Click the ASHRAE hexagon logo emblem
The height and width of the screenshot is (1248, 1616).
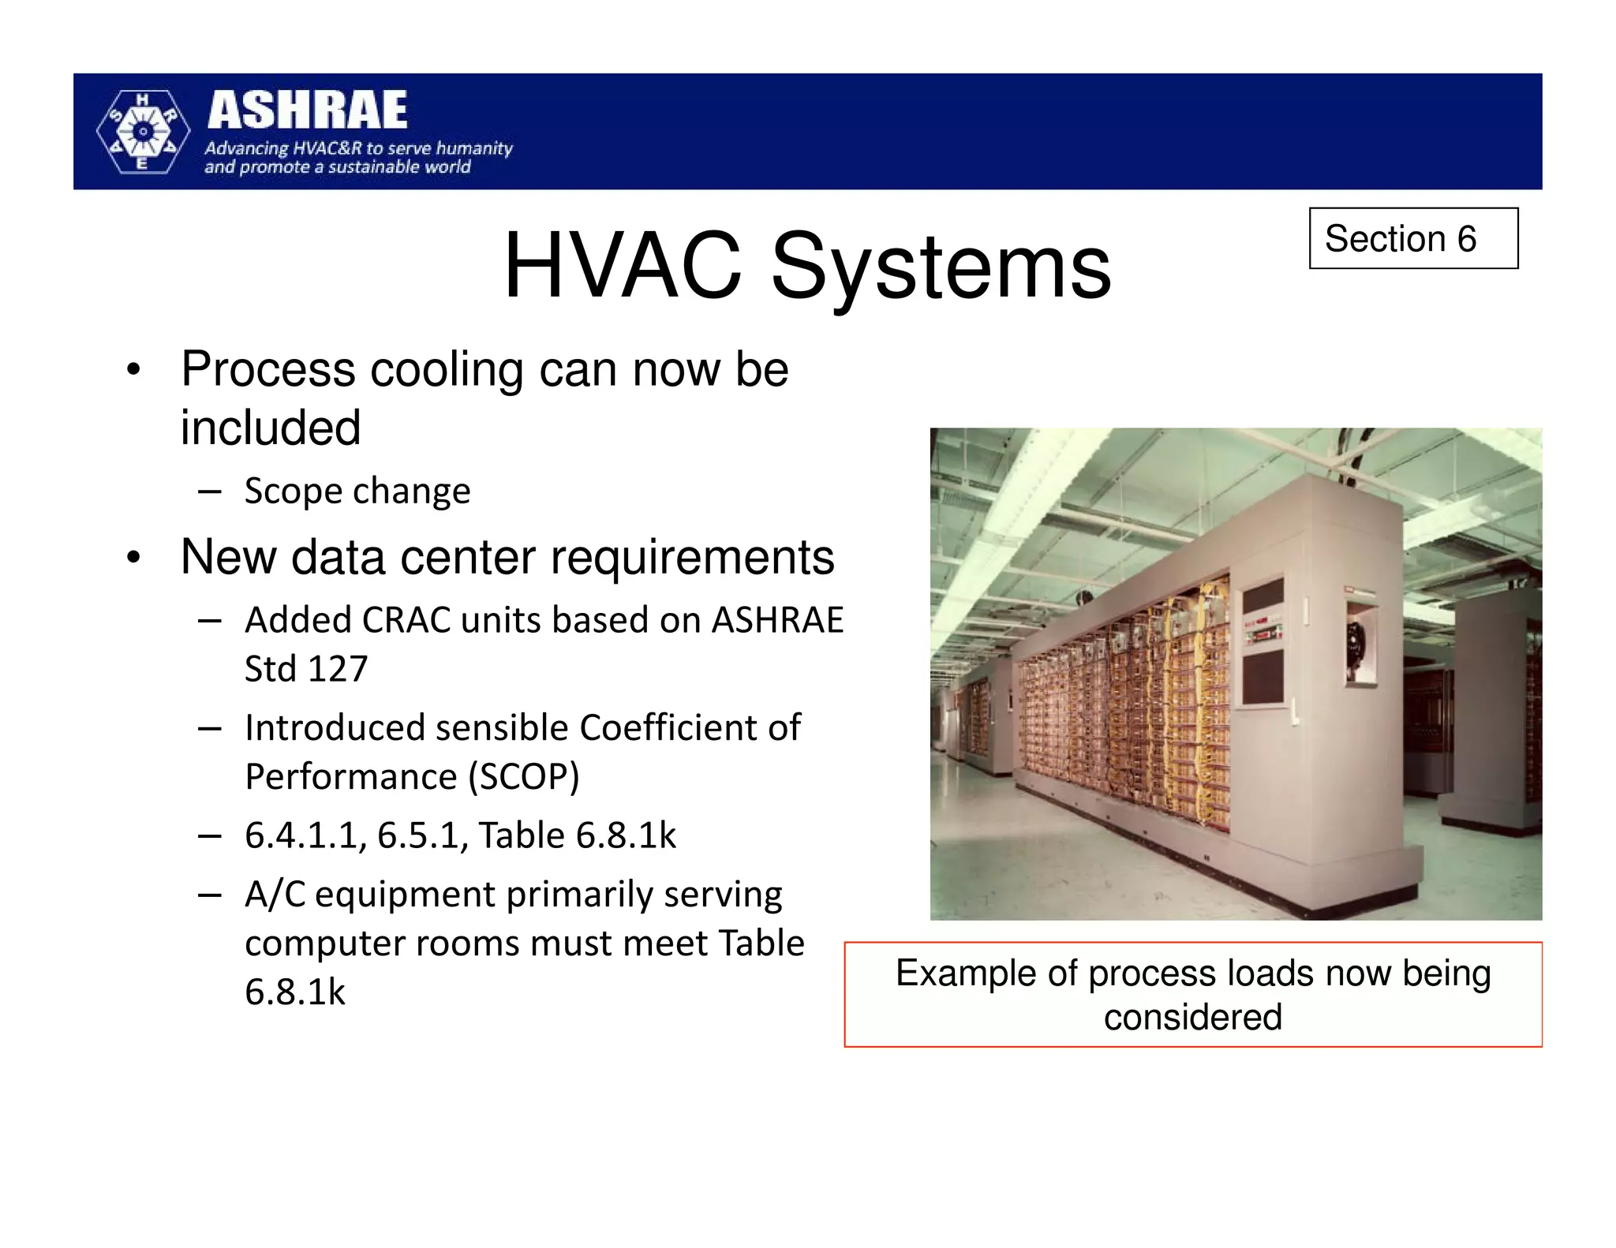pos(143,132)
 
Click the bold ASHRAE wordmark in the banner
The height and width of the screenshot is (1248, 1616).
pos(308,110)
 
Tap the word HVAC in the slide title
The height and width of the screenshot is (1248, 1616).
pos(623,266)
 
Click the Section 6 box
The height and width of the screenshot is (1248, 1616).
pos(1412,238)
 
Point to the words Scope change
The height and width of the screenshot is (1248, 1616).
pos(357,491)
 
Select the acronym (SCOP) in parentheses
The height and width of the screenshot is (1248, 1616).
pos(523,777)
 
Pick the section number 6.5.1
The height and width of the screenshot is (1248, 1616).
pos(422,835)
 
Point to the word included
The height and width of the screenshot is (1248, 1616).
pos(271,428)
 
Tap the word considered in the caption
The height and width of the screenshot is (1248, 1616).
pos(1192,1017)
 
